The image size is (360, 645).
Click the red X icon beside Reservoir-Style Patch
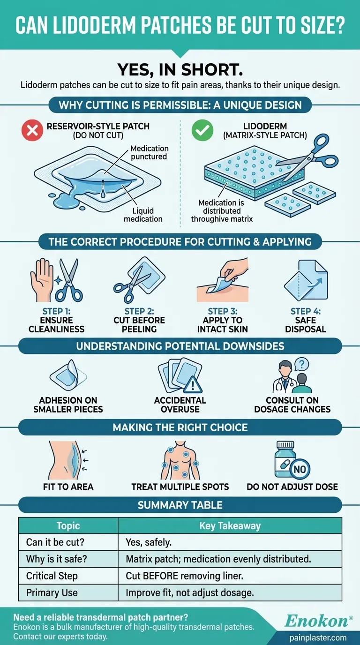[32, 130]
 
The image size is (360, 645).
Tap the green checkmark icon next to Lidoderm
[202, 130]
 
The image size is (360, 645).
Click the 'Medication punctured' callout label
[149, 152]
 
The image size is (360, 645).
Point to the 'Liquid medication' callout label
[143, 215]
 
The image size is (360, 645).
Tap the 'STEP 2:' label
[139, 311]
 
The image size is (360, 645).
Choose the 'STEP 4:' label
[306, 311]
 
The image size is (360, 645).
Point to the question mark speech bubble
[301, 365]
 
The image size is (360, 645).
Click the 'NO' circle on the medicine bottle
[300, 469]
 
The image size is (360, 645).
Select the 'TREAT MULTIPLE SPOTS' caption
[180, 487]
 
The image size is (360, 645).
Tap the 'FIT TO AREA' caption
[68, 487]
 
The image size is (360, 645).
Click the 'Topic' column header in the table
[68, 526]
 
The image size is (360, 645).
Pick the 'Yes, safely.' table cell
[149, 542]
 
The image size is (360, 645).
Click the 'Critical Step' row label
[52, 576]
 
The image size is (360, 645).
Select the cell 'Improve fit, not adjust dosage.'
[190, 592]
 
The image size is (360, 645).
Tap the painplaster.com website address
[318, 638]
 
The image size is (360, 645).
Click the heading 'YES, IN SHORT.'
[180, 69]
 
